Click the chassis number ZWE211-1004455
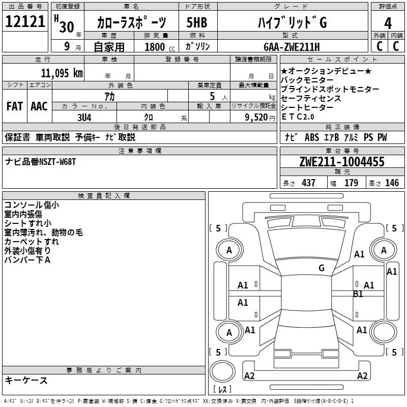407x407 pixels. point(342,162)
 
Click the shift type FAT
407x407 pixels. point(14,106)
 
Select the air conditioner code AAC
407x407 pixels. point(39,106)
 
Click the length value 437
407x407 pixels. point(308,183)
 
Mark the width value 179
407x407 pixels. point(351,183)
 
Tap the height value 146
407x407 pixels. point(392,183)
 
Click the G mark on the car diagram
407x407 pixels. point(321,268)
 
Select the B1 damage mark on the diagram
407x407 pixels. point(358,294)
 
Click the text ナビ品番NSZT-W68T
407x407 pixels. point(40,162)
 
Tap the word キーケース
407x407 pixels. point(26,381)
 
